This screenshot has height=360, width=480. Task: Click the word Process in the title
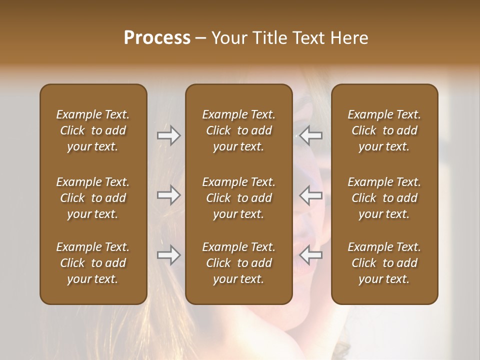click(157, 38)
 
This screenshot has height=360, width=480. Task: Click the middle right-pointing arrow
click(169, 195)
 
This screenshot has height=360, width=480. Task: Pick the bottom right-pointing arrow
click(169, 255)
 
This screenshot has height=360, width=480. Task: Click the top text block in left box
click(93, 130)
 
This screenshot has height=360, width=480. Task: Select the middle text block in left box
click(93, 198)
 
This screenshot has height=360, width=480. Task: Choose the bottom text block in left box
click(93, 263)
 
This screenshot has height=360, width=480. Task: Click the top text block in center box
click(238, 130)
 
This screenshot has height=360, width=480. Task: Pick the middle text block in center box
click(238, 198)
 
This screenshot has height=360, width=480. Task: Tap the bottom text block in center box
click(238, 263)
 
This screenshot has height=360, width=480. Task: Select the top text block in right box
click(384, 130)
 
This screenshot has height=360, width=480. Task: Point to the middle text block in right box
click(384, 198)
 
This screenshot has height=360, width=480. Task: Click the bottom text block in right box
click(384, 263)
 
